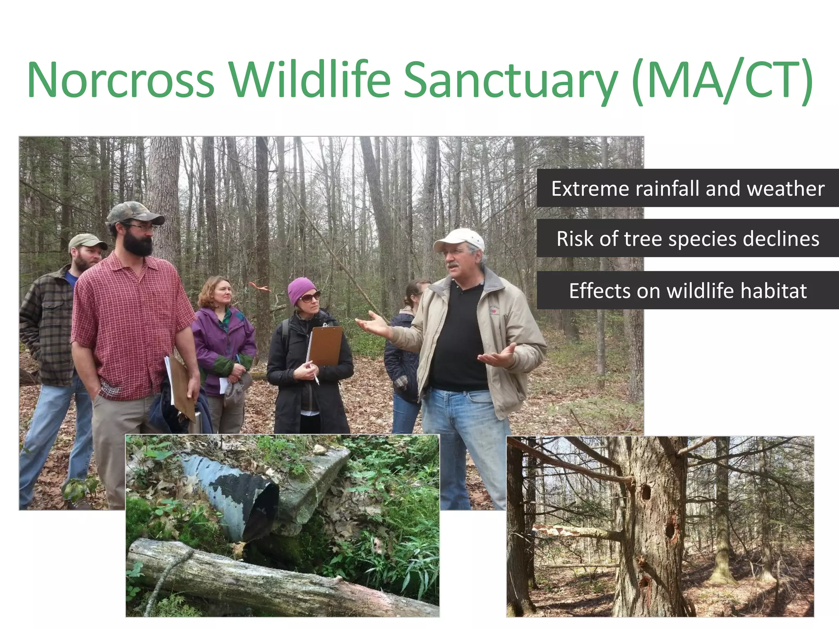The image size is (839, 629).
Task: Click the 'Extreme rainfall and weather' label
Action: (687, 188)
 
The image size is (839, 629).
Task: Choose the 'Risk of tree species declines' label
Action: (687, 238)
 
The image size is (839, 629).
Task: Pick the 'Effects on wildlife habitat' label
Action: (687, 290)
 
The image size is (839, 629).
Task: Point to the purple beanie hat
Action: (301, 288)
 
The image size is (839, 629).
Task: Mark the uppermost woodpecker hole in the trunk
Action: (646, 492)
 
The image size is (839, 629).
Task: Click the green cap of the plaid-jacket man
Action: (86, 241)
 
